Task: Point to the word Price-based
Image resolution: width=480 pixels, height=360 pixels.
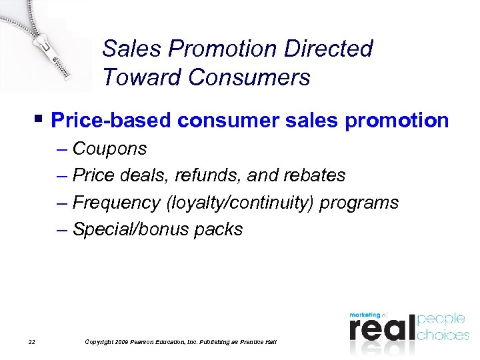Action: [110, 121]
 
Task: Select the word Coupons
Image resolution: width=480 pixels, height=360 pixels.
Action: [109, 148]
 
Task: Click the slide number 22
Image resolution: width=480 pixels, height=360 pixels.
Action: [31, 342]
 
